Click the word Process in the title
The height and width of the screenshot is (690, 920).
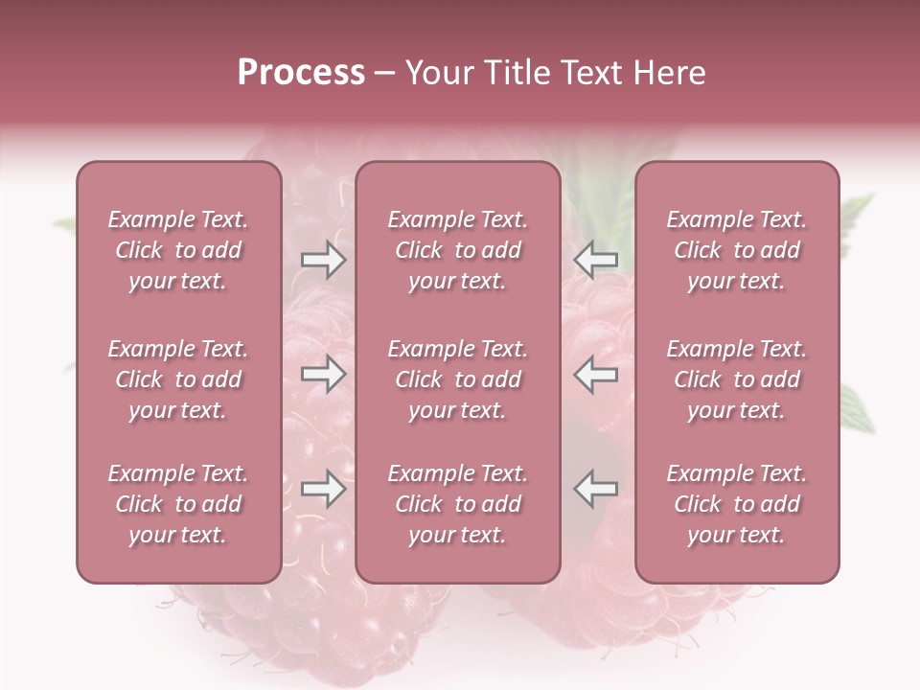click(301, 73)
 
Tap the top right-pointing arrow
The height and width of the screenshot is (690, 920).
click(323, 260)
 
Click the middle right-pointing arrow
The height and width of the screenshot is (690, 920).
click(323, 374)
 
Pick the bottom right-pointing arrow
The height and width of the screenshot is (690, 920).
click(323, 489)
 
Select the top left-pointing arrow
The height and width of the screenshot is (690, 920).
click(595, 260)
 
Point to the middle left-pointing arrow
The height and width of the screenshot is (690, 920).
click(595, 374)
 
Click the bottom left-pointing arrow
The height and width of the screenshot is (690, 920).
click(595, 489)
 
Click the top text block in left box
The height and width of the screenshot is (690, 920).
click(178, 250)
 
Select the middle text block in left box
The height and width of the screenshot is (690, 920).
click(178, 379)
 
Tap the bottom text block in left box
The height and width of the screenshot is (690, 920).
click(178, 504)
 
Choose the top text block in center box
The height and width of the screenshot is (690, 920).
click(457, 250)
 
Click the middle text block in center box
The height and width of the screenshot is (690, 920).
click(457, 379)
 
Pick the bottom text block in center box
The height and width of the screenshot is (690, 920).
click(457, 504)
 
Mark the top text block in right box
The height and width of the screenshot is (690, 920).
click(736, 250)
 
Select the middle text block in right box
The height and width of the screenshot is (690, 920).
click(736, 379)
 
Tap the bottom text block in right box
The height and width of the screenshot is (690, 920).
click(736, 504)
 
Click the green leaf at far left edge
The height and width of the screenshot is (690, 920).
click(64, 226)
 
